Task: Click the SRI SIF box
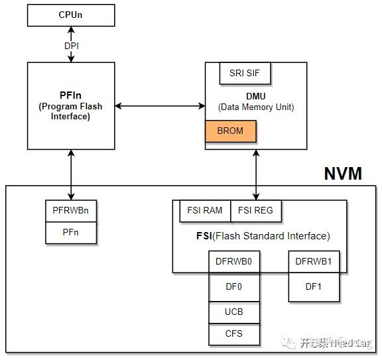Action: pyautogui.click(x=245, y=74)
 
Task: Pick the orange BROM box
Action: pyautogui.click(x=230, y=131)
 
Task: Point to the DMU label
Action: pyautogui.click(x=256, y=96)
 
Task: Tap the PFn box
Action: pyautogui.click(x=70, y=233)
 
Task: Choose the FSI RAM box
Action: pyautogui.click(x=204, y=211)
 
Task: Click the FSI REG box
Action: pyautogui.click(x=256, y=211)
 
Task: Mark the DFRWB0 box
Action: pyautogui.click(x=233, y=261)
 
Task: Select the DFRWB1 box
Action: pyautogui.click(x=314, y=261)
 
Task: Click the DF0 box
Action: pyautogui.click(x=233, y=288)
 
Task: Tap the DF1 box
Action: pyautogui.click(x=314, y=286)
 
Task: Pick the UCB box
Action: pyautogui.click(x=233, y=312)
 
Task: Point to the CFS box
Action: pyautogui.click(x=233, y=334)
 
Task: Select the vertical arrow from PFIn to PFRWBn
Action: pyautogui.click(x=70, y=174)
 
